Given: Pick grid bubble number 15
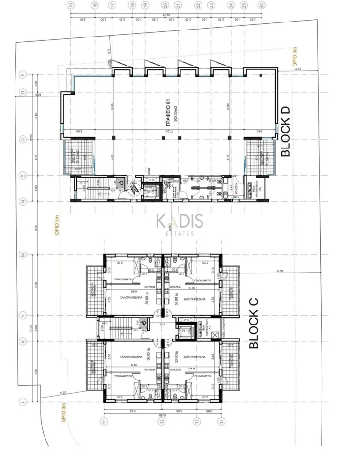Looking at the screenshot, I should click(71, 6).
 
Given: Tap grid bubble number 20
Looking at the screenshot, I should click(165, 6).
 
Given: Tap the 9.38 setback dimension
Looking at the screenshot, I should click(281, 271).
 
